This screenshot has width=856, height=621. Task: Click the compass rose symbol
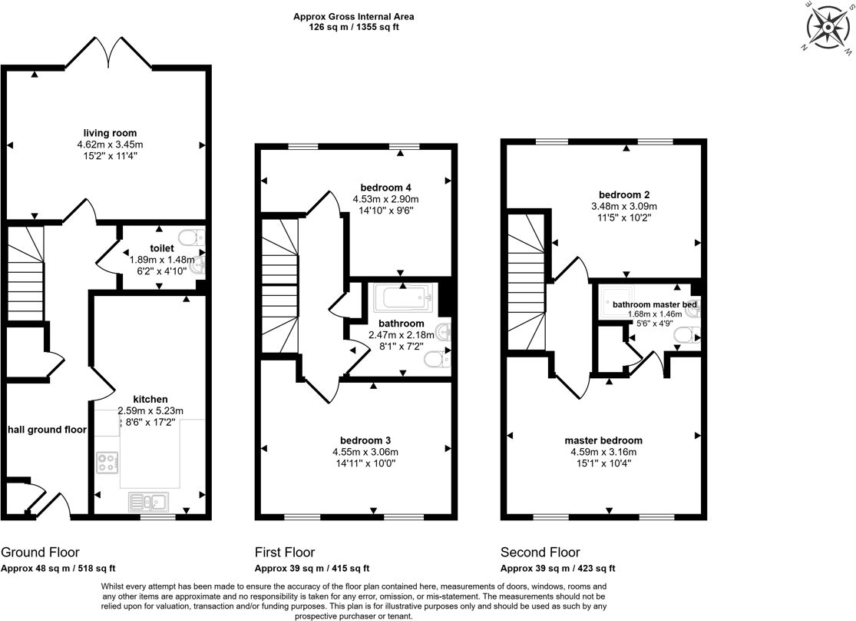point(828,28)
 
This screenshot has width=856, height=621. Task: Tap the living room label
point(111,133)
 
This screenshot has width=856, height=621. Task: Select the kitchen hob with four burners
point(107,463)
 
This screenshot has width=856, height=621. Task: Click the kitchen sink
point(149,502)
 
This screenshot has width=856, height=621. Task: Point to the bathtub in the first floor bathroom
point(404,298)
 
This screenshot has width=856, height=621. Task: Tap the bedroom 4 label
point(386,188)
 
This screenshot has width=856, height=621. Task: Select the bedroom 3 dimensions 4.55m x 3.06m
point(365,452)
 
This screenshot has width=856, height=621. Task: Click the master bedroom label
point(603,440)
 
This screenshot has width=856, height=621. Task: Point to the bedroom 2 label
point(624,194)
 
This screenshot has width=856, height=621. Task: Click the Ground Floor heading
point(41,552)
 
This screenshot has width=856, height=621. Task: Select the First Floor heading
point(285,552)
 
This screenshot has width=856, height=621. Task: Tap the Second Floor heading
point(540,552)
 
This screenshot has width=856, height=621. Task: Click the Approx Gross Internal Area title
point(354,16)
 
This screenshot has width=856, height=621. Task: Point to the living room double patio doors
point(109,53)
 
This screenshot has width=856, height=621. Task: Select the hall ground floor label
point(47,430)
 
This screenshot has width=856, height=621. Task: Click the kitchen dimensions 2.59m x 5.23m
point(150,410)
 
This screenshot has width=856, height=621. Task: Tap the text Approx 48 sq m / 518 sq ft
point(58,569)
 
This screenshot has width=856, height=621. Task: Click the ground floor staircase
point(25,274)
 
